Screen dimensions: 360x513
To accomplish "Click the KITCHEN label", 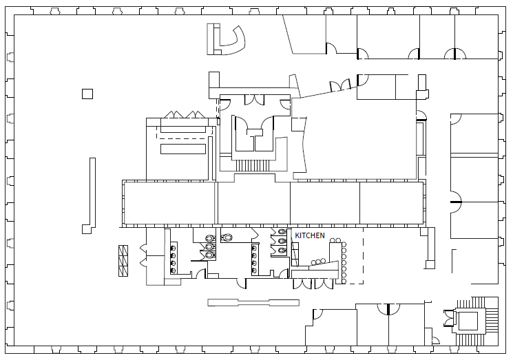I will pyautogui.click(x=310, y=235).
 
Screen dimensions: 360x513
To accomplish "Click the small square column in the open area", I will pyautogui.click(x=87, y=94).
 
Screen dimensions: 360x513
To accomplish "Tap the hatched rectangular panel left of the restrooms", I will pyautogui.click(x=124, y=260).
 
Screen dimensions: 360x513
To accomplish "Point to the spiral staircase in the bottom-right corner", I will pyautogui.click(x=471, y=321).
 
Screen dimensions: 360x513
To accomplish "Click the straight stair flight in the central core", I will pyautogui.click(x=254, y=165).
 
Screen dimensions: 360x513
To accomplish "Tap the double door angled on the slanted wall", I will pyautogui.click(x=339, y=86).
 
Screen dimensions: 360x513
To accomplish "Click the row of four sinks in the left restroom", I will pyautogui.click(x=172, y=258).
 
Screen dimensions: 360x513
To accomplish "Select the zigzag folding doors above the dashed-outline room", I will pyautogui.click(x=182, y=114).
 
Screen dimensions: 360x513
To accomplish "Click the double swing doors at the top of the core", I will pyautogui.click(x=254, y=98).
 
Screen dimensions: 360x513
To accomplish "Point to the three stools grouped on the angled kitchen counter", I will pyautogui.click(x=320, y=262).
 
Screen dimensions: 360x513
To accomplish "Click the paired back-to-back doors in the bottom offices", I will pyautogui.click(x=388, y=309).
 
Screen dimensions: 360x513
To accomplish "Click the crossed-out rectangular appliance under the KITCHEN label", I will pyautogui.click(x=295, y=254).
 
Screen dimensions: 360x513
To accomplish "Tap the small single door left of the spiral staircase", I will pyautogui.click(x=435, y=340).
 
